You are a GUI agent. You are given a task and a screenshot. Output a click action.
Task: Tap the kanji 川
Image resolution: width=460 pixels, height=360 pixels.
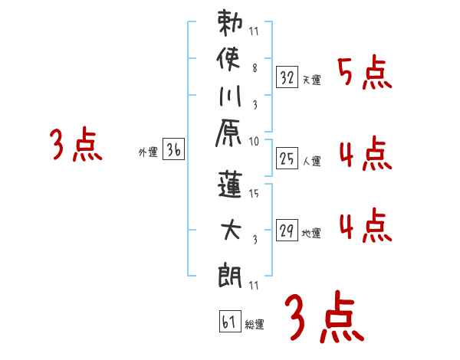pos(230,99)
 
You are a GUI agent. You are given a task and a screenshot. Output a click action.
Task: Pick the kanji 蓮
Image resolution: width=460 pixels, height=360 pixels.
pos(231,185)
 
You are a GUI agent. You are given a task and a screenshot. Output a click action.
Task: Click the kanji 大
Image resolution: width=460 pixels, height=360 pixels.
pos(231,228)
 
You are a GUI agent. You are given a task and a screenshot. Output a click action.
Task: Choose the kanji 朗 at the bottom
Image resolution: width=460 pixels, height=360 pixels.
pos(231,272)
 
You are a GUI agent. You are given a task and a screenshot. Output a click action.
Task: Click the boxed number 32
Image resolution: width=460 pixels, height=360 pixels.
pos(287,77)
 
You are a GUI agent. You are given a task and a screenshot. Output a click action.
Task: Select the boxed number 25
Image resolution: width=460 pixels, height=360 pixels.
pos(287,159)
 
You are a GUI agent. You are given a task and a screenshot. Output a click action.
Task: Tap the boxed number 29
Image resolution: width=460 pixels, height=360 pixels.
pos(287,230)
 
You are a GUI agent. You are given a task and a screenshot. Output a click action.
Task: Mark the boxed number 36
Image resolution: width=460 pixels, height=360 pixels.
pos(174,151)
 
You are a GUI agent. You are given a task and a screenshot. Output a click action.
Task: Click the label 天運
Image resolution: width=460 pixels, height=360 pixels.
pos(310,80)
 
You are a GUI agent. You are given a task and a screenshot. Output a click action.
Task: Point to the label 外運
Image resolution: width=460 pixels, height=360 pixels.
pos(147,153)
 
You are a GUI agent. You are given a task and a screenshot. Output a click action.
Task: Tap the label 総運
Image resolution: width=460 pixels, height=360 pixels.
pos(255,324)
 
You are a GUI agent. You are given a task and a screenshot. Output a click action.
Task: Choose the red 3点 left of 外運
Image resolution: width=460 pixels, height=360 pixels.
pos(76,146)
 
